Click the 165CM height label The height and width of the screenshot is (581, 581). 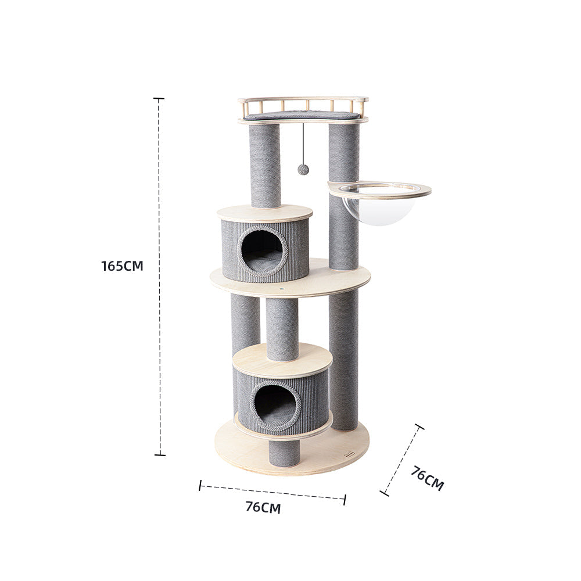pos(122,266)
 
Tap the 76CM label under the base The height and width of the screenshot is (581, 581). pos(263,507)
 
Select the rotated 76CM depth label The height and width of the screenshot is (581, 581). pos(427,478)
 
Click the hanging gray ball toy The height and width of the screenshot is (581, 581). pos(303,169)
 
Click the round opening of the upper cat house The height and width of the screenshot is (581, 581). pos(262,252)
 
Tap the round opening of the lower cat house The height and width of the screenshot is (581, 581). pos(275,405)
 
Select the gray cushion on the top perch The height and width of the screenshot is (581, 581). pos(302,116)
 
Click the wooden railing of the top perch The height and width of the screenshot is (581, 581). pos(302,105)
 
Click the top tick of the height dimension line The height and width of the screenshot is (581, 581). pos(159,99)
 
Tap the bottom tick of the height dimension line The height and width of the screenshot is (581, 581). pos(159,454)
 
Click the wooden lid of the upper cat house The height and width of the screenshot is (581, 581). pos(264,213)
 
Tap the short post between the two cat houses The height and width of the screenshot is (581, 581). pos(282,328)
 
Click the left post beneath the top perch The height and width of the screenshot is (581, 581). pos(265,166)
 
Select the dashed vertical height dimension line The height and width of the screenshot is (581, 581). pos(159,349)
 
